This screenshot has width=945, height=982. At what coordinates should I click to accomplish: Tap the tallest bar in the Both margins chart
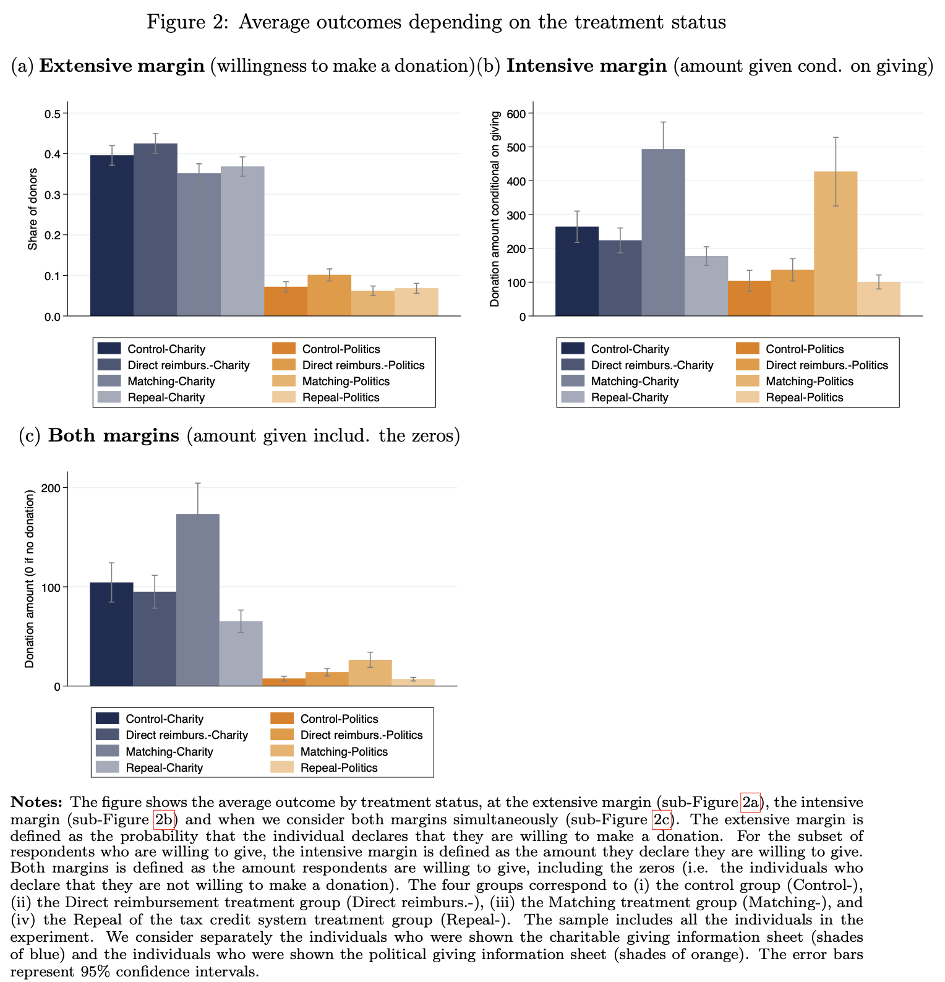(198, 599)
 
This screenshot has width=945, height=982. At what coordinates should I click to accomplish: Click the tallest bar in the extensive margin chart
(155, 229)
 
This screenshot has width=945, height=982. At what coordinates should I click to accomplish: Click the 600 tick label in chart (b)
(516, 114)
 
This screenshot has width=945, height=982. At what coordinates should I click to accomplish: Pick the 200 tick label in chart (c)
(51, 488)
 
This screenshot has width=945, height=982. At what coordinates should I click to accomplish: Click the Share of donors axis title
(33, 209)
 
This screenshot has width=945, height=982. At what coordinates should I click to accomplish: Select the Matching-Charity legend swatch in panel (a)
(109, 381)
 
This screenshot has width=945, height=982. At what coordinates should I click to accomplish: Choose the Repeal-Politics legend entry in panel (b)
(804, 398)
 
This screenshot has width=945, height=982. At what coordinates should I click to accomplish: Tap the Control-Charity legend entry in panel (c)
(165, 719)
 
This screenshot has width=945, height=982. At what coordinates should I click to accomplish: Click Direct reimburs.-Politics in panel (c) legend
(361, 735)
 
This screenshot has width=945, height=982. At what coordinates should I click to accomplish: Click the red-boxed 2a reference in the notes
(750, 803)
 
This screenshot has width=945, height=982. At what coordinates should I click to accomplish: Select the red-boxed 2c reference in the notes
(661, 820)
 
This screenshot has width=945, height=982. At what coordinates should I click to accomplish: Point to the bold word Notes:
(36, 803)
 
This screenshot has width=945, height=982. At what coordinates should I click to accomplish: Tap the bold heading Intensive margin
(586, 66)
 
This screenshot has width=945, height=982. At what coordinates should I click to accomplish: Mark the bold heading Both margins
(113, 435)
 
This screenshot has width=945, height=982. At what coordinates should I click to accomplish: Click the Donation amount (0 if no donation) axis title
(29, 579)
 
